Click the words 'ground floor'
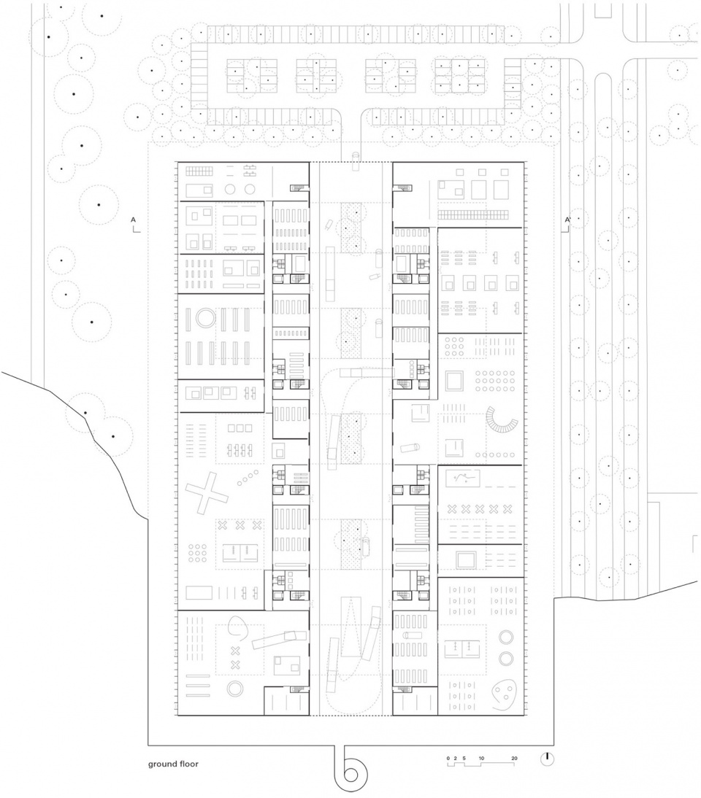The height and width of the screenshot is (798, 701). tap(173, 764)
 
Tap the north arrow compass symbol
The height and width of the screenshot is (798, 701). tap(547, 759)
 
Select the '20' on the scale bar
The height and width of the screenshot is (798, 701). tap(514, 758)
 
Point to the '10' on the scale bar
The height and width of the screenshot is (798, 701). tap(481, 758)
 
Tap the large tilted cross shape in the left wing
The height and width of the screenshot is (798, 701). tap(206, 492)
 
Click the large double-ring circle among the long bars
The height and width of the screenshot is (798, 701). tap(207, 319)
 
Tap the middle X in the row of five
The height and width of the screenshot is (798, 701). tap(480, 509)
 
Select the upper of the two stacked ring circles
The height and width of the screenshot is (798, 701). tap(506, 637)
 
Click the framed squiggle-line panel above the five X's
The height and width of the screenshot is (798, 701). tap(463, 478)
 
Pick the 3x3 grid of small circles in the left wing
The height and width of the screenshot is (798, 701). tap(197, 553)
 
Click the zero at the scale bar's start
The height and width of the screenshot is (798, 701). tap(448, 758)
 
